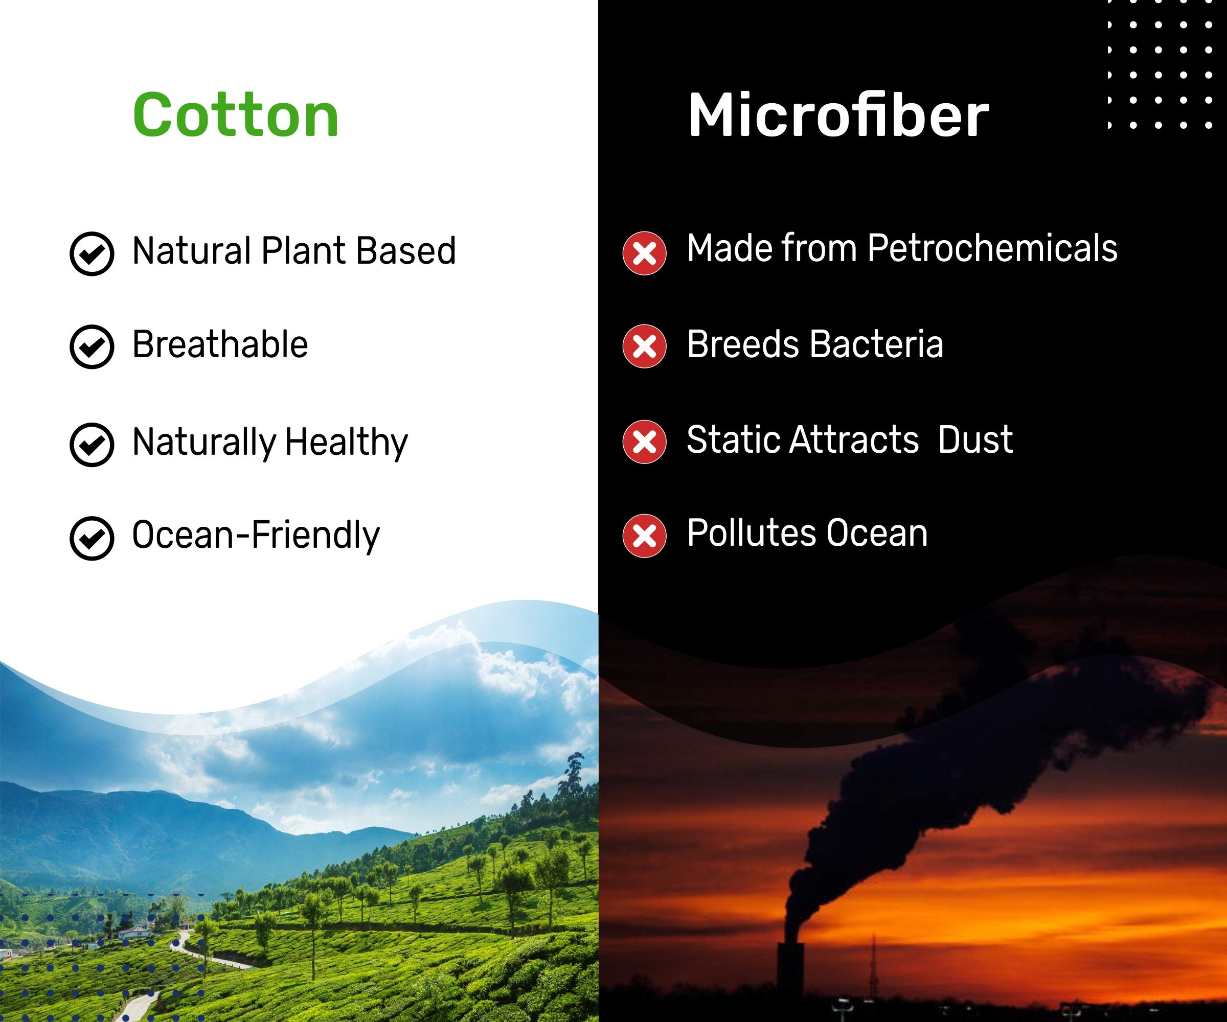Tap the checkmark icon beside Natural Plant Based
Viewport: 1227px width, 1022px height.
[92, 253]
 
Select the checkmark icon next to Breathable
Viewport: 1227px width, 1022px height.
[92, 347]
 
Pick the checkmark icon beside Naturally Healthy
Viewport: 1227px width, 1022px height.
[92, 445]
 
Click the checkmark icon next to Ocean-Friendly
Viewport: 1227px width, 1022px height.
[92, 539]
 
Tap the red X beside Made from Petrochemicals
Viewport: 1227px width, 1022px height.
[645, 253]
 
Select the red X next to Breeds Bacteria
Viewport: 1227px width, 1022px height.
[645, 347]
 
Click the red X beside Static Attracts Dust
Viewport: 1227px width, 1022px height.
[645, 442]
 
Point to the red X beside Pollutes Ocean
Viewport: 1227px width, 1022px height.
[645, 536]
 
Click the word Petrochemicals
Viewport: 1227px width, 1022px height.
[992, 248]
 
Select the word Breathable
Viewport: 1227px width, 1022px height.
[220, 344]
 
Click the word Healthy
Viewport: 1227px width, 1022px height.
[347, 443]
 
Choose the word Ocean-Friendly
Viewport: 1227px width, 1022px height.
[256, 536]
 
